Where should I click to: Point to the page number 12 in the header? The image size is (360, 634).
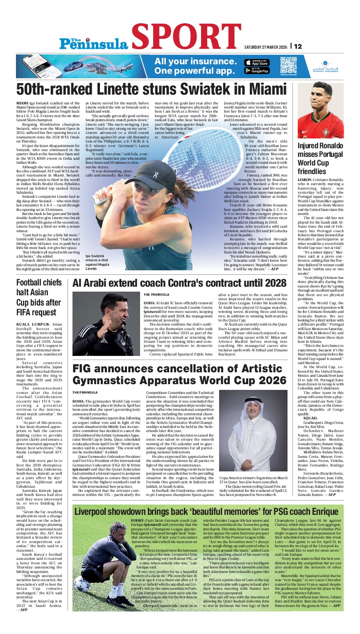click(298, 46)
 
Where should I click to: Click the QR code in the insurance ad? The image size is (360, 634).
click(288, 65)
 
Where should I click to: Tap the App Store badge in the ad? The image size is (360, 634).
click(257, 62)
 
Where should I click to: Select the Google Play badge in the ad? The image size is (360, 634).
click(257, 70)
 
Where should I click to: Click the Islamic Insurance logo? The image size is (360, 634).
click(325, 66)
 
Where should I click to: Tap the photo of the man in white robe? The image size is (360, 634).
click(254, 430)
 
